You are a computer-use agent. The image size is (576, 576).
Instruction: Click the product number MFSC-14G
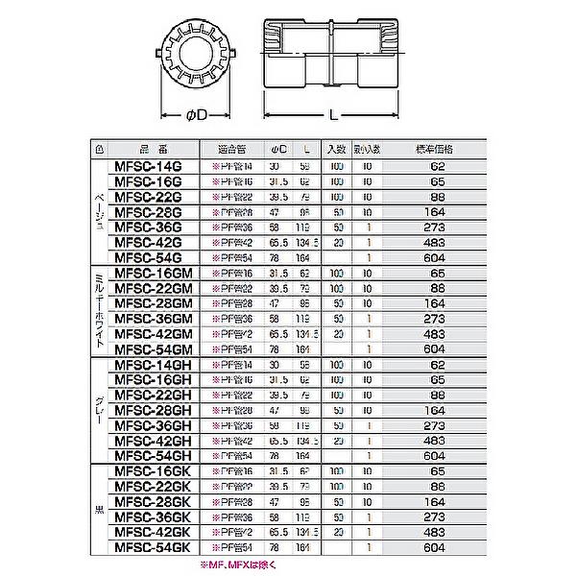[148, 165]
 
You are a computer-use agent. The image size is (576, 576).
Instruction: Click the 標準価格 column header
[441, 149]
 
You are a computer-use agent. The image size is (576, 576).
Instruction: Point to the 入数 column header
[336, 149]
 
